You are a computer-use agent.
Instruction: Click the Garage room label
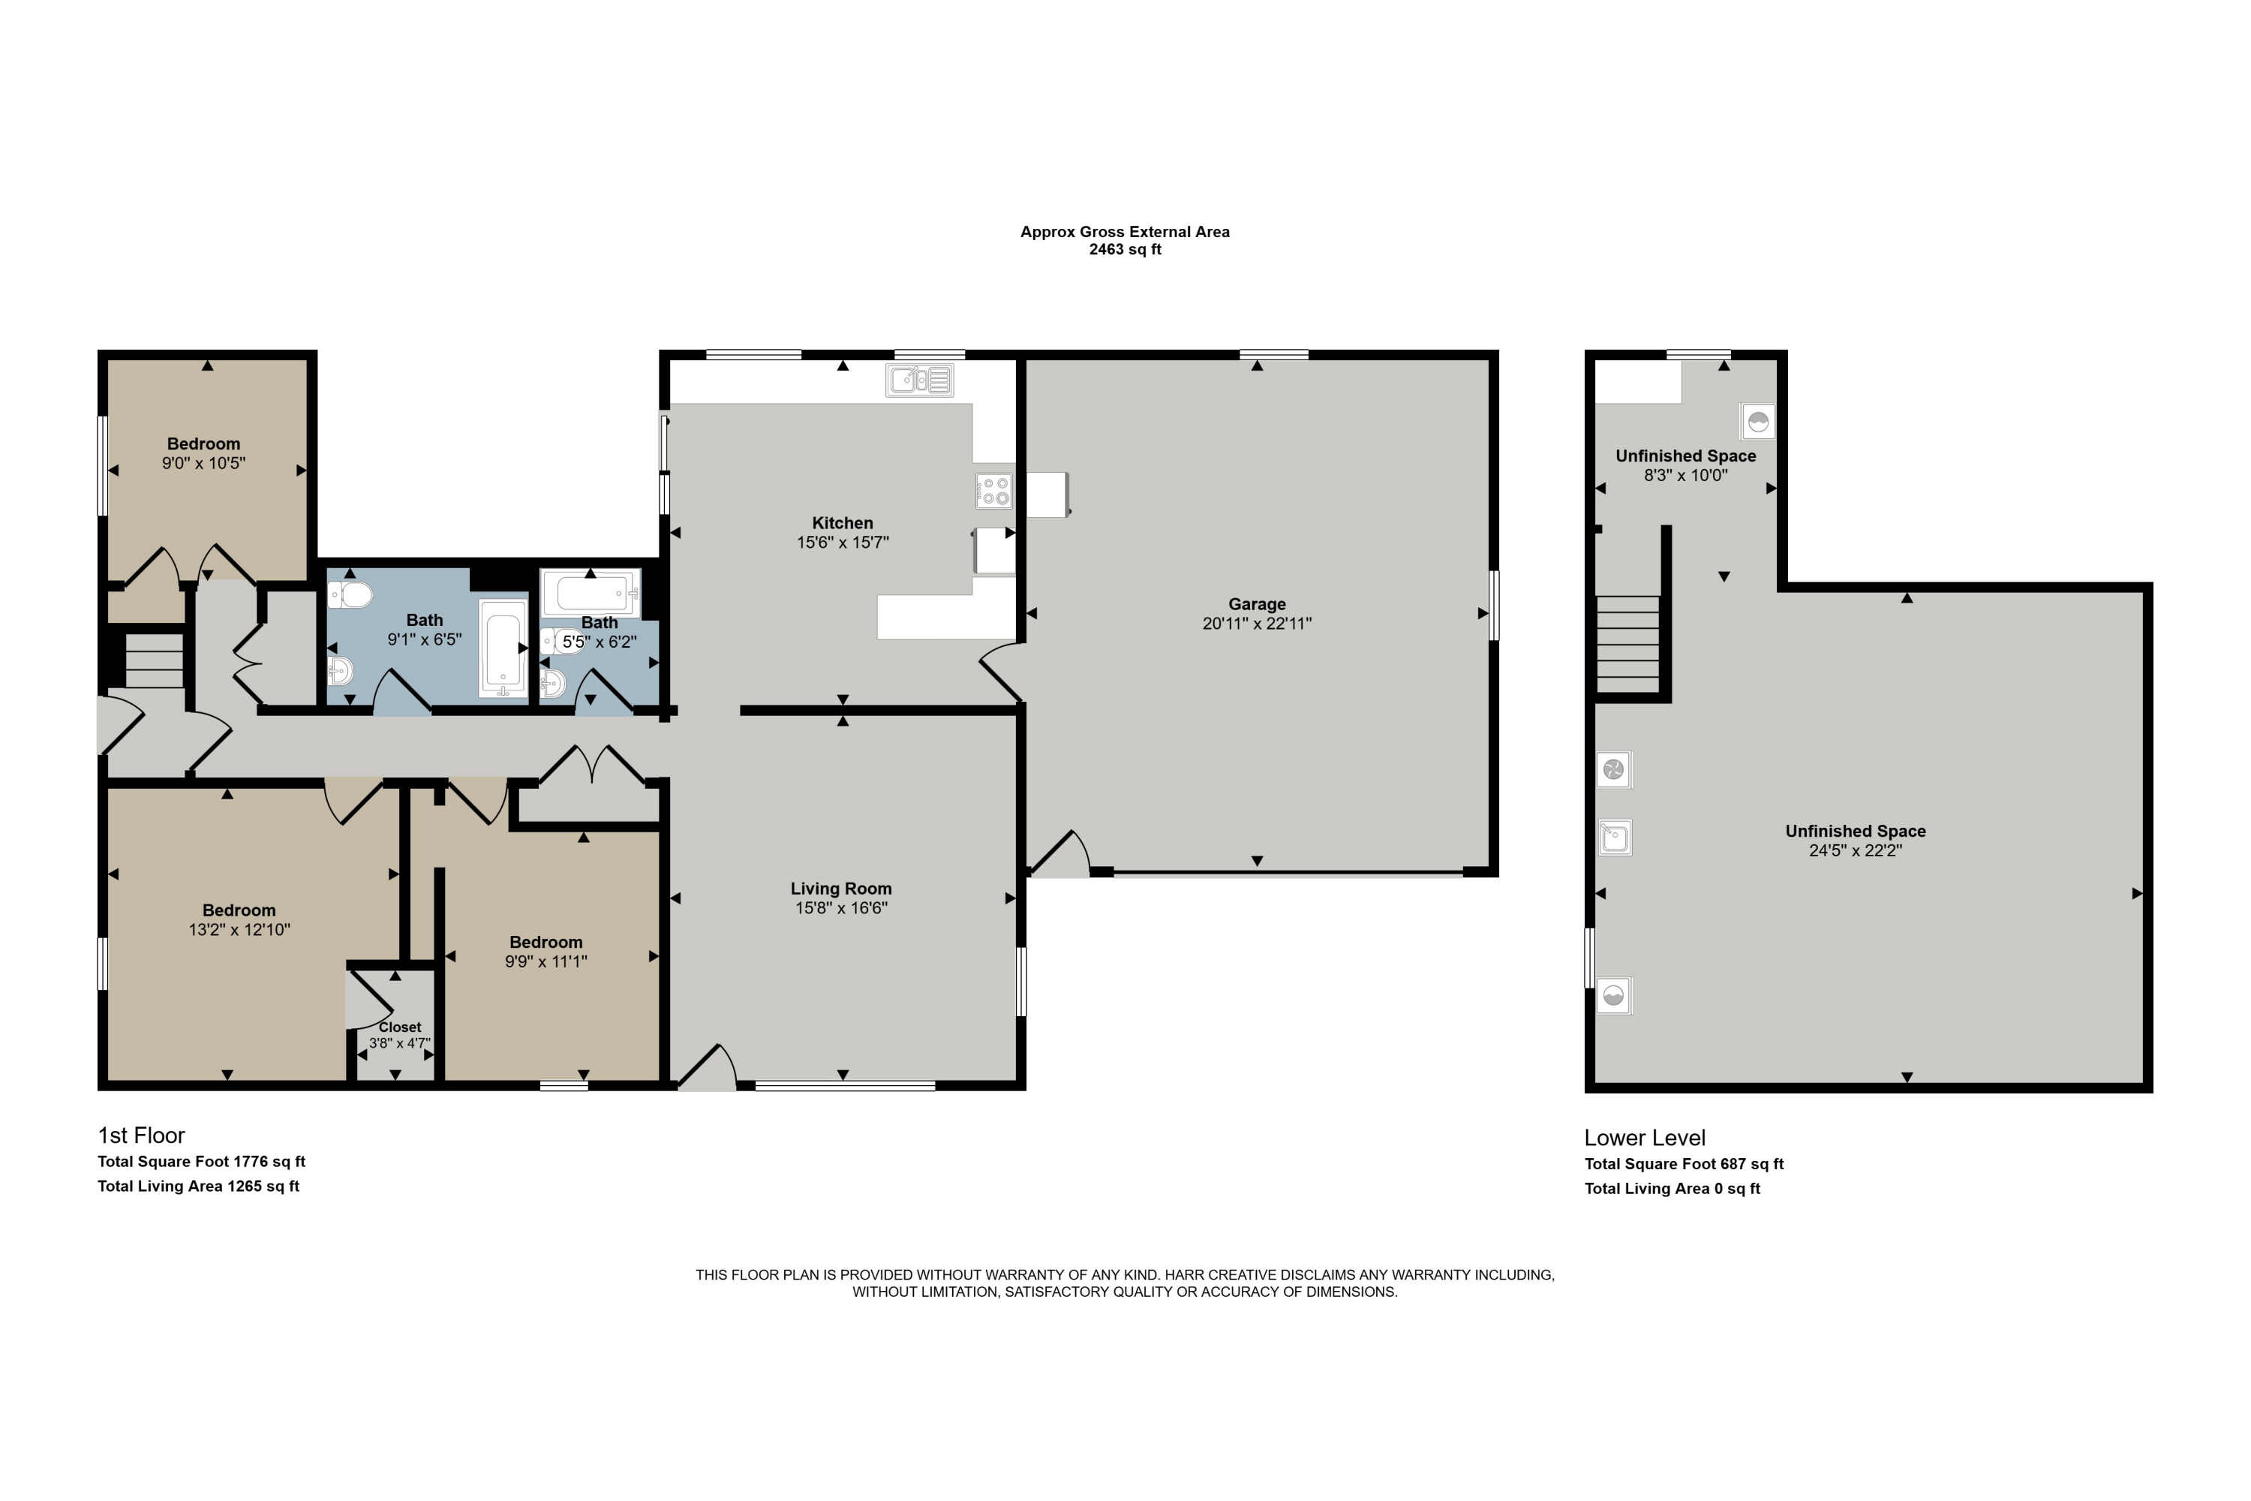pos(1257,604)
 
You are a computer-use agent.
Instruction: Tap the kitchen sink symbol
pos(920,380)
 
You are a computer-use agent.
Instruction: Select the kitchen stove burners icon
pos(993,491)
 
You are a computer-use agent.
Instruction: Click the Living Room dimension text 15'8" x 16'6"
pos(841,907)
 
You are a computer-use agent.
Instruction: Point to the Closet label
pos(399,1027)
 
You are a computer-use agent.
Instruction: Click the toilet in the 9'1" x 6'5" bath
pos(350,595)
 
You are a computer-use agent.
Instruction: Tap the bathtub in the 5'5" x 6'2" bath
pos(590,594)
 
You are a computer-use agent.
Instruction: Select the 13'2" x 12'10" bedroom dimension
pos(239,930)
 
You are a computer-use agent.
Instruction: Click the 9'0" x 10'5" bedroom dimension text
pos(204,463)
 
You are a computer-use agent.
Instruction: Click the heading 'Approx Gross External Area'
pos(1125,232)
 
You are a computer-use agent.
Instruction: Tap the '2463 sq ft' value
pos(1125,250)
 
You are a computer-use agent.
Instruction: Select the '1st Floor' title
pos(141,1136)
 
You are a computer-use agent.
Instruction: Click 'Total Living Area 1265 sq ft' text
pos(198,1186)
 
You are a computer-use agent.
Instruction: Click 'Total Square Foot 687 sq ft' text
pos(1684,1164)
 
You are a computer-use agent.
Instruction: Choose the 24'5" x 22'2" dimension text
pos(1855,850)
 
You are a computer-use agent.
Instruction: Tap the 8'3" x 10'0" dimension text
pos(1685,475)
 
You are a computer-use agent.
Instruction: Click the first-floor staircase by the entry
pos(154,660)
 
